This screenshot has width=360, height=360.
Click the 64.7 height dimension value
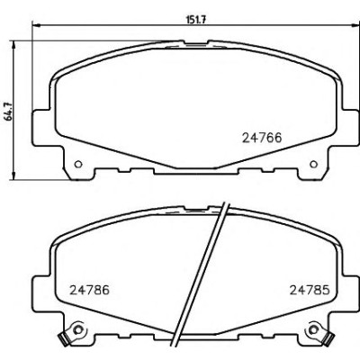tap(9, 112)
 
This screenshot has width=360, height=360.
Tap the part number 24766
tap(262, 138)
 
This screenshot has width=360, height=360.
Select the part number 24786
tap(89, 290)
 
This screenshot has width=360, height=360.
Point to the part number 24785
tap(310, 290)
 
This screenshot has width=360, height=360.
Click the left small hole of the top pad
tap(78, 164)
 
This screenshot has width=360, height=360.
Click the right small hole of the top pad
tap(313, 164)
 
